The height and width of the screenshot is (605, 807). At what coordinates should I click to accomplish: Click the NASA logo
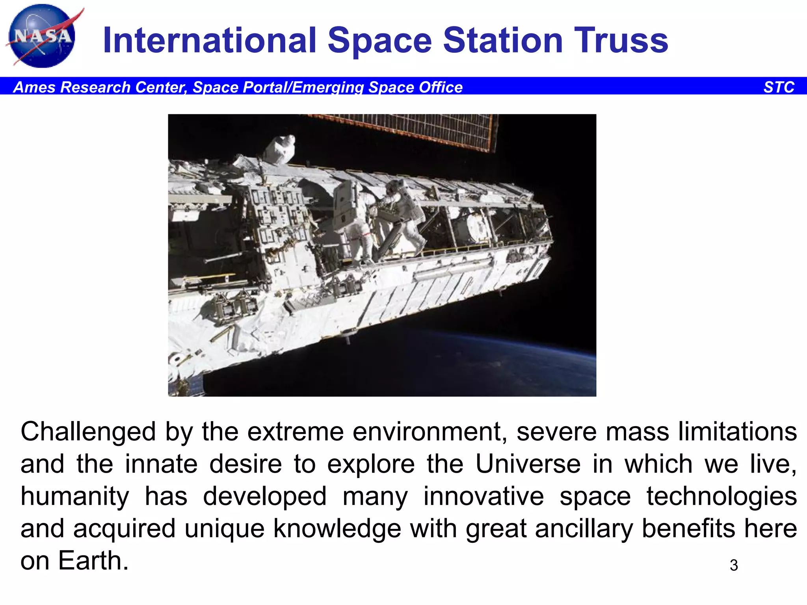tap(41, 36)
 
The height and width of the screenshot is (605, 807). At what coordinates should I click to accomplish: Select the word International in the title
tap(209, 40)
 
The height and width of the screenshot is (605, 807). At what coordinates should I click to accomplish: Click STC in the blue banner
tap(779, 87)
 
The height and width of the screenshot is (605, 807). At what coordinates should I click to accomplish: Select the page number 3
tap(733, 565)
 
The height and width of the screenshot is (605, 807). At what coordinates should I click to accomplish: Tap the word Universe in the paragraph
tap(528, 464)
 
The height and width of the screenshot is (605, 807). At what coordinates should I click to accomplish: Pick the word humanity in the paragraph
tap(75, 496)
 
